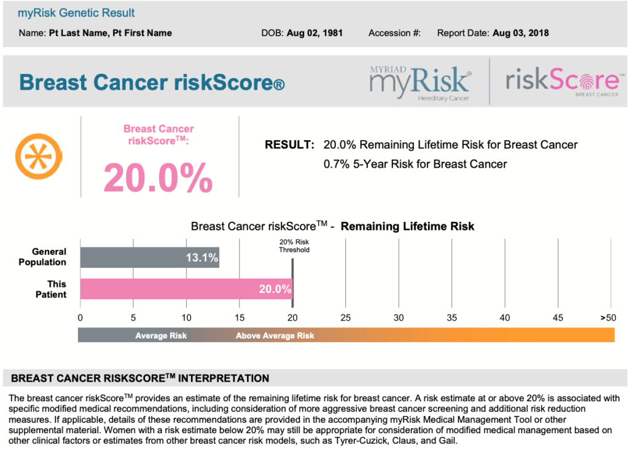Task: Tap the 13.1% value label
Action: pos(202,258)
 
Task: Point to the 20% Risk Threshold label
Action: pos(294,246)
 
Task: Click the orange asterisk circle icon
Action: pos(39,154)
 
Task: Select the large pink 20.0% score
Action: pos(158,178)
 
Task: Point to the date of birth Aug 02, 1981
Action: pos(314,33)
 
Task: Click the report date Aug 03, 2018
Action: pos(521,33)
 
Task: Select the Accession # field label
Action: pos(394,33)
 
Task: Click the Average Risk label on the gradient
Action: pos(161,335)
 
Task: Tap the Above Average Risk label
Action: pos(275,335)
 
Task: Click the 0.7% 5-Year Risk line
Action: pos(415,164)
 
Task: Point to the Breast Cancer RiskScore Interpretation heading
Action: pos(140,378)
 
